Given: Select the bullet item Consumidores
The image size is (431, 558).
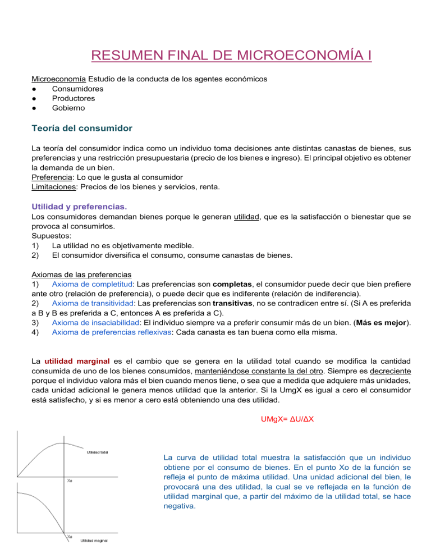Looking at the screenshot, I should pyautogui.click(x=77, y=88).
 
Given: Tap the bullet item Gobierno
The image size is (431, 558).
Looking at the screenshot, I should pyautogui.click(x=69, y=107).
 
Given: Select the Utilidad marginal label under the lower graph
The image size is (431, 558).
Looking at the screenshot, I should pyautogui.click(x=94, y=541).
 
